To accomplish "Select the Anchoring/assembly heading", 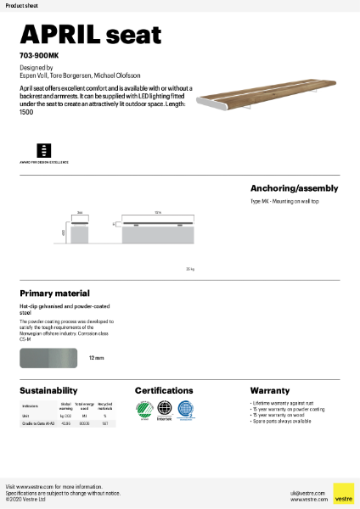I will [294, 188].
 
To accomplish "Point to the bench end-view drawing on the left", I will [81, 230].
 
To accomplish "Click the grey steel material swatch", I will [49, 359].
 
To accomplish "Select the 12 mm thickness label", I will [96, 359].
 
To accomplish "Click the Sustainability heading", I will [48, 391].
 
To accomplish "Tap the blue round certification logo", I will [185, 410].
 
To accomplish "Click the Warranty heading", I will [270, 391].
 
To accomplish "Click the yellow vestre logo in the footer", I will [343, 493].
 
